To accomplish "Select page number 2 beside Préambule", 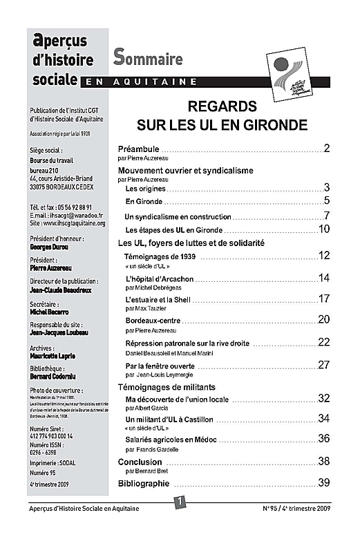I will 326,149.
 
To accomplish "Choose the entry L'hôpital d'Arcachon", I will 160,278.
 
